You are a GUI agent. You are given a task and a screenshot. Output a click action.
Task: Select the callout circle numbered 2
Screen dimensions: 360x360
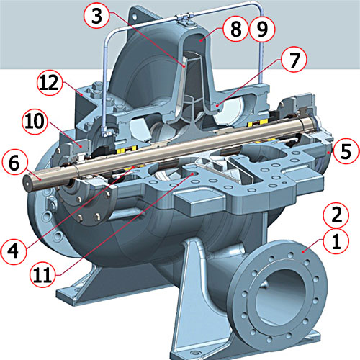pyautogui.click(x=336, y=215)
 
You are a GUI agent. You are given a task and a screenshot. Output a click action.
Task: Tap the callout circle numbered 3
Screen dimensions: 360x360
pyautogui.click(x=96, y=16)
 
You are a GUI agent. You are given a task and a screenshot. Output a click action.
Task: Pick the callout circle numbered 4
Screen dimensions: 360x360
pyautogui.click(x=13, y=252)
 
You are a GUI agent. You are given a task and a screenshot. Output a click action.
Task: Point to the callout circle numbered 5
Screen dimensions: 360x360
pyautogui.click(x=346, y=152)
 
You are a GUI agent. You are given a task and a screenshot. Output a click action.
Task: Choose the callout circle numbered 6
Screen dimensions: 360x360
pyautogui.click(x=14, y=163)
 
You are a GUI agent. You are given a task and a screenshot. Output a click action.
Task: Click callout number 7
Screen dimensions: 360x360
pyautogui.click(x=294, y=60)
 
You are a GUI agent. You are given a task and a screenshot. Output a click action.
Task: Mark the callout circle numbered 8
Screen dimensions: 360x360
pyautogui.click(x=235, y=29)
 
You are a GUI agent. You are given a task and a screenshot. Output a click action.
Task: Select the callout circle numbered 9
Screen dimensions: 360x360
pyautogui.click(x=262, y=29)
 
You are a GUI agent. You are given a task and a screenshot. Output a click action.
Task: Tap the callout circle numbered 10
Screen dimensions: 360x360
pyautogui.click(x=35, y=122)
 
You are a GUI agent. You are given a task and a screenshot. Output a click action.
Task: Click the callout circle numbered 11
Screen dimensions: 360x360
pyautogui.click(x=42, y=275)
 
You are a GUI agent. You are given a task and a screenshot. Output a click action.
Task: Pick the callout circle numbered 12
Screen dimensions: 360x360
pyautogui.click(x=49, y=83)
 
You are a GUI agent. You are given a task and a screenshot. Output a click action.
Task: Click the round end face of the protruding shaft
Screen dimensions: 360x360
pyautogui.click(x=28, y=183)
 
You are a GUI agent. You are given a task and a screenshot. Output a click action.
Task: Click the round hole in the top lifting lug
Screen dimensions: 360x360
pyautogui.click(x=135, y=17)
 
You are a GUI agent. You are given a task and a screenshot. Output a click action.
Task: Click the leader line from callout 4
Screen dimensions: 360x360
pyautogui.click(x=80, y=208)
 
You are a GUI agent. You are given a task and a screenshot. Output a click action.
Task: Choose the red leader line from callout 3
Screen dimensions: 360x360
pyautogui.click(x=148, y=40)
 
